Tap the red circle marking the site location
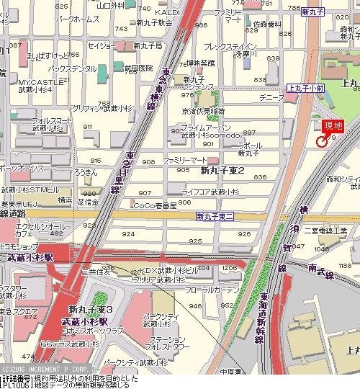point(321,140)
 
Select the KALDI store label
point(166,13)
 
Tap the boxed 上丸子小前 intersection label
point(305,88)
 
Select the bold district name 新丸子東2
point(222,171)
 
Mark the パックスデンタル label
point(72,68)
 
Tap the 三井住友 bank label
point(95,272)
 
